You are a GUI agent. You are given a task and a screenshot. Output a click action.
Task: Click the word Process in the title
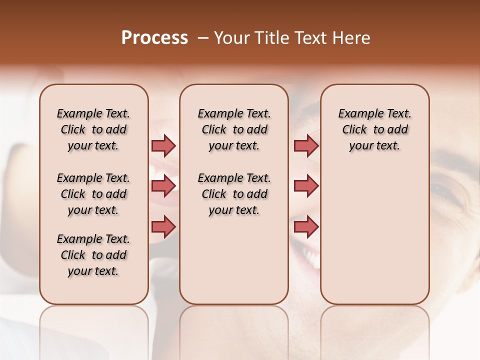[x=154, y=38]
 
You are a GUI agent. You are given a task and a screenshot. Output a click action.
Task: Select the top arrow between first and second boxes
[x=163, y=145]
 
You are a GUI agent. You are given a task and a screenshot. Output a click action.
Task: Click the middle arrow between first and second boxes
[x=163, y=186]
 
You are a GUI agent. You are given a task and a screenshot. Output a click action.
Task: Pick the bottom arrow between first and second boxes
[x=163, y=226]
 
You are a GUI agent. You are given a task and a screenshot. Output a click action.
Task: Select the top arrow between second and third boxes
[x=306, y=145]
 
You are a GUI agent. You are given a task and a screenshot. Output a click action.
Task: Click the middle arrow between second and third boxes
[x=306, y=186]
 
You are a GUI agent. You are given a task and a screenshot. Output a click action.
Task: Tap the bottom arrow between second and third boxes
[x=306, y=226]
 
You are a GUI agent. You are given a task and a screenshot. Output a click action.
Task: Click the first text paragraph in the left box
[x=93, y=129]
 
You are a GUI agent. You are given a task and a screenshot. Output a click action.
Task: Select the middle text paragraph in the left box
[x=93, y=194]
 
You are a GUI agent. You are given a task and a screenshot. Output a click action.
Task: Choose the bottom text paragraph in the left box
[x=93, y=255]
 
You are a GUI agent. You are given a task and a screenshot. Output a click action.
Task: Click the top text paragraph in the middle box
[x=234, y=129]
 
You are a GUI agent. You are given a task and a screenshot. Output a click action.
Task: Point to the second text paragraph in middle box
[x=234, y=194]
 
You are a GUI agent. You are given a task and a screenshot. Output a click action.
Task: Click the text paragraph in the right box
[x=374, y=129]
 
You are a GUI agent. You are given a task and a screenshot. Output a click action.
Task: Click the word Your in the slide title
[x=229, y=38]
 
